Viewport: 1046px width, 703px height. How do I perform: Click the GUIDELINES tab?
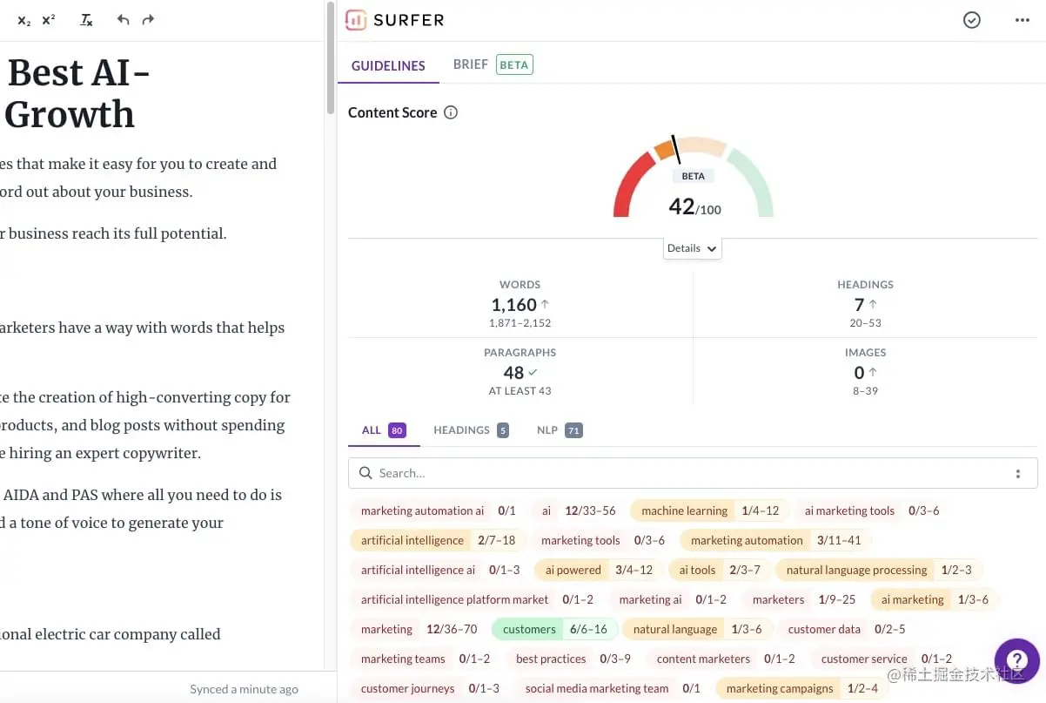coord(388,65)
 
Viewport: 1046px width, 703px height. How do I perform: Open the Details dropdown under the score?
coord(692,248)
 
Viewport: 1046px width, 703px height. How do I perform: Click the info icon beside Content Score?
coord(451,112)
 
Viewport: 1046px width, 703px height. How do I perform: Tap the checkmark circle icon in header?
coord(972,20)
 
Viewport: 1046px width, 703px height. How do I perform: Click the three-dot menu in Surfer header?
coord(1023,20)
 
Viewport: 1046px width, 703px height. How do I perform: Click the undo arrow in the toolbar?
coord(123,19)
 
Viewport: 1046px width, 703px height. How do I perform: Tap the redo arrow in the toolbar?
coord(148,19)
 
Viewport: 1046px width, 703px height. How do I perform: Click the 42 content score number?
coord(681,206)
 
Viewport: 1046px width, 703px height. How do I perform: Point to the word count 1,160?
coord(513,305)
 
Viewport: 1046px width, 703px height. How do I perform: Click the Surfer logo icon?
coord(355,20)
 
